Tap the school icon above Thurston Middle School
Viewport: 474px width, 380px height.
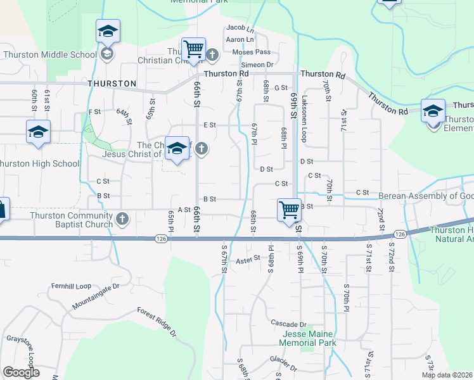tap(108, 31)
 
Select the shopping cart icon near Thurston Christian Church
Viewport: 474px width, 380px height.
tap(193, 48)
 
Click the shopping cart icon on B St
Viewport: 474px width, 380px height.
tap(289, 208)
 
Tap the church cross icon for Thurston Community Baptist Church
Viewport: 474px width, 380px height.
tap(122, 220)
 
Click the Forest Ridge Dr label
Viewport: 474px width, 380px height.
tap(157, 320)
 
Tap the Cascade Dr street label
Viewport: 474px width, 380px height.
tap(288, 324)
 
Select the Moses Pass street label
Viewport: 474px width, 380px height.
tap(251, 52)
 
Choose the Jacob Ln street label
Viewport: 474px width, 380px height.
tap(240, 28)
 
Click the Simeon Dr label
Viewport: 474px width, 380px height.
tap(257, 65)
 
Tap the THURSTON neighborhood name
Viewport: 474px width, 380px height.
tap(112, 84)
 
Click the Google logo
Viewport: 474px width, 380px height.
tap(21, 372)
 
